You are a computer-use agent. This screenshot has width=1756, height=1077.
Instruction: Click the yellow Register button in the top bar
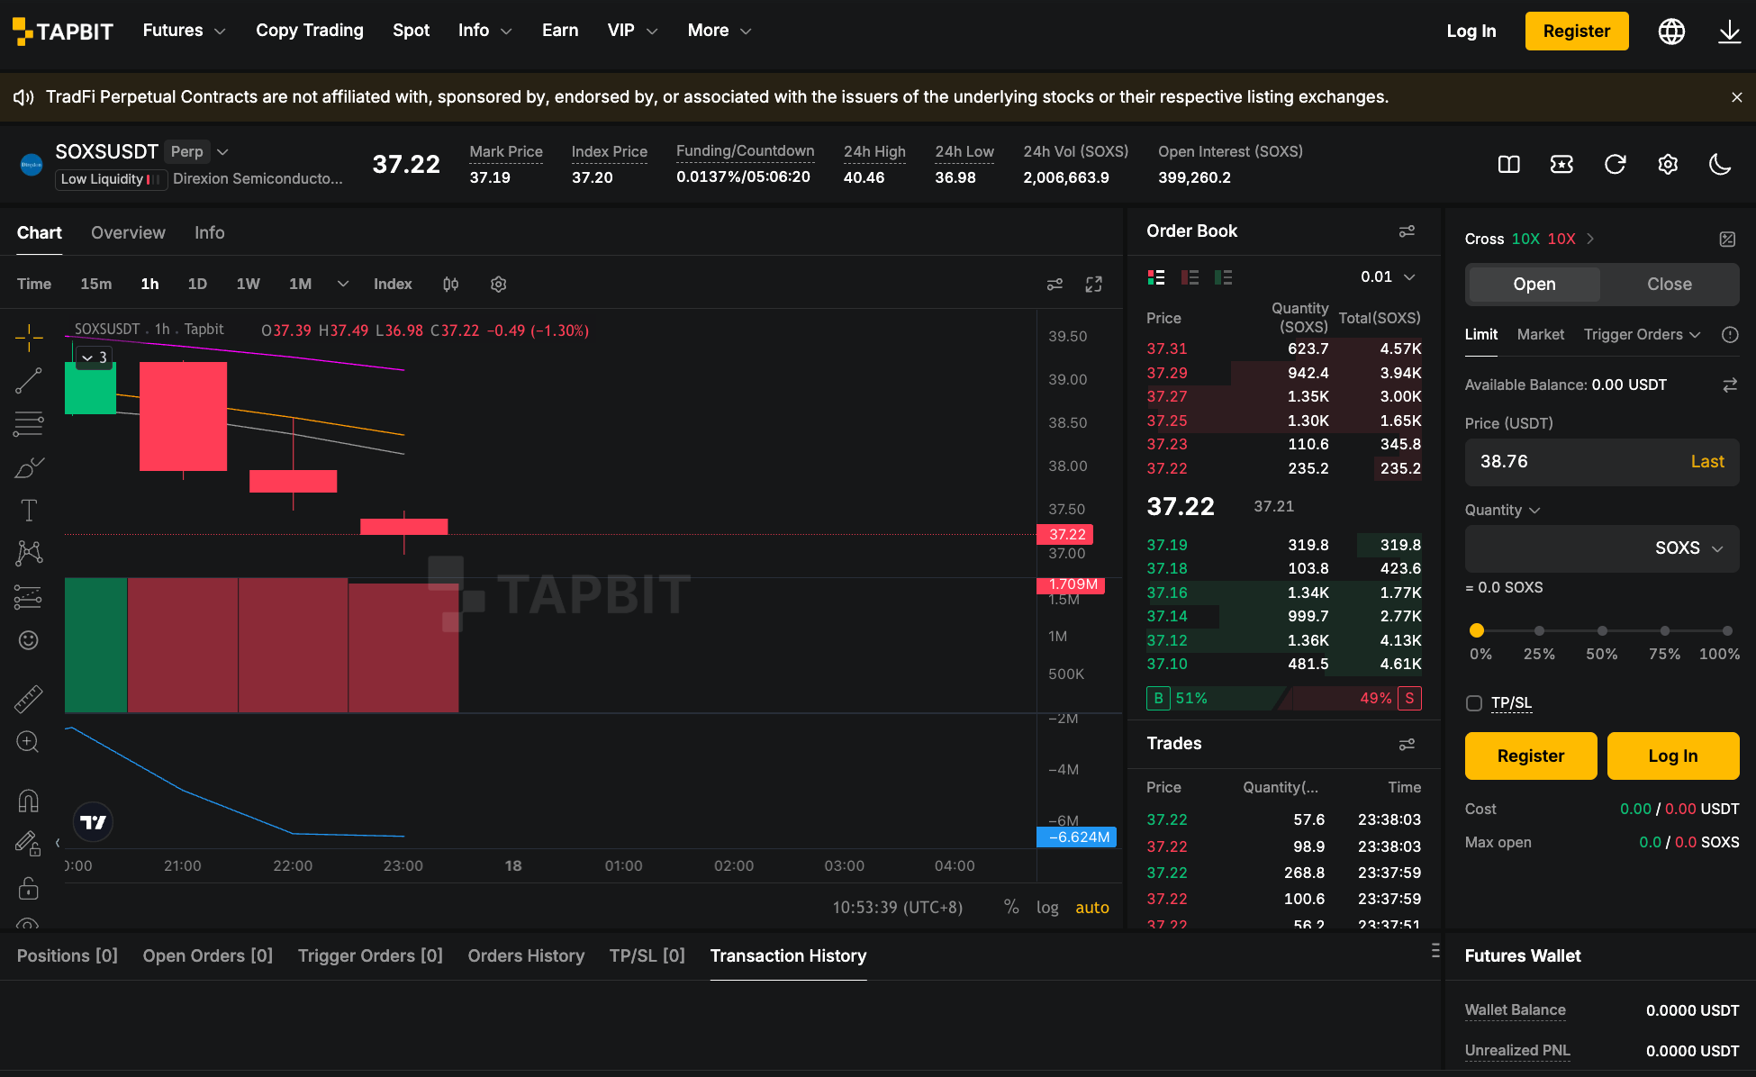pos(1577,31)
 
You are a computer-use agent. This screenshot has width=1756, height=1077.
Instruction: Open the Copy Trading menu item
pos(310,31)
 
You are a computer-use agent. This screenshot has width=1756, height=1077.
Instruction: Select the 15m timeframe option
pos(96,284)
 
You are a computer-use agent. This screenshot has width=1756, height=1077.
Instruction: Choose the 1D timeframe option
pos(197,284)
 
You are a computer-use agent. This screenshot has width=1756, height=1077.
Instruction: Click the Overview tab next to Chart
pos(128,232)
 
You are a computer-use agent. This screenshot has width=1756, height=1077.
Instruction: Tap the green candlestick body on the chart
pos(90,388)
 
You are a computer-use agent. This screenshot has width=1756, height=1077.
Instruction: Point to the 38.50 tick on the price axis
pos(1068,422)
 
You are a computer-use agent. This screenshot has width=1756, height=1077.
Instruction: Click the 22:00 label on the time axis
pos(293,865)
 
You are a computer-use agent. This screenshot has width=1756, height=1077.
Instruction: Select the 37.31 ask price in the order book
pos(1167,348)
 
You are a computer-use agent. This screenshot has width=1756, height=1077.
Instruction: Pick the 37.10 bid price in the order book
pos(1167,664)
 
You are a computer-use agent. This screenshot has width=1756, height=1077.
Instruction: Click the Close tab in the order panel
pos(1670,284)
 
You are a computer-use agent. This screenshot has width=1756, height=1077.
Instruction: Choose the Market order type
pos(1541,334)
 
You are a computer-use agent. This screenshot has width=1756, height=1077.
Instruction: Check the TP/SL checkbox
pos(1474,703)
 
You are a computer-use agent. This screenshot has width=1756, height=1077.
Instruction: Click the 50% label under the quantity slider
pos(1602,654)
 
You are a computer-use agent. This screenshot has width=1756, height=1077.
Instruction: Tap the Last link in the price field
pos(1707,461)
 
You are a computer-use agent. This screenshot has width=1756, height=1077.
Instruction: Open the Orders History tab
pos(526,955)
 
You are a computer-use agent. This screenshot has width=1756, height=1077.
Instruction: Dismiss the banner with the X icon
pos(1737,97)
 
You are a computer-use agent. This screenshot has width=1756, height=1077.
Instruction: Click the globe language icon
pos(1672,32)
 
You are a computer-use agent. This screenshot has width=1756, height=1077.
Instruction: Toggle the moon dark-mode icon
pos(1720,164)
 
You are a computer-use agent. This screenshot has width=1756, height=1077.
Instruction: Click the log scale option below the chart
pos(1047,908)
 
